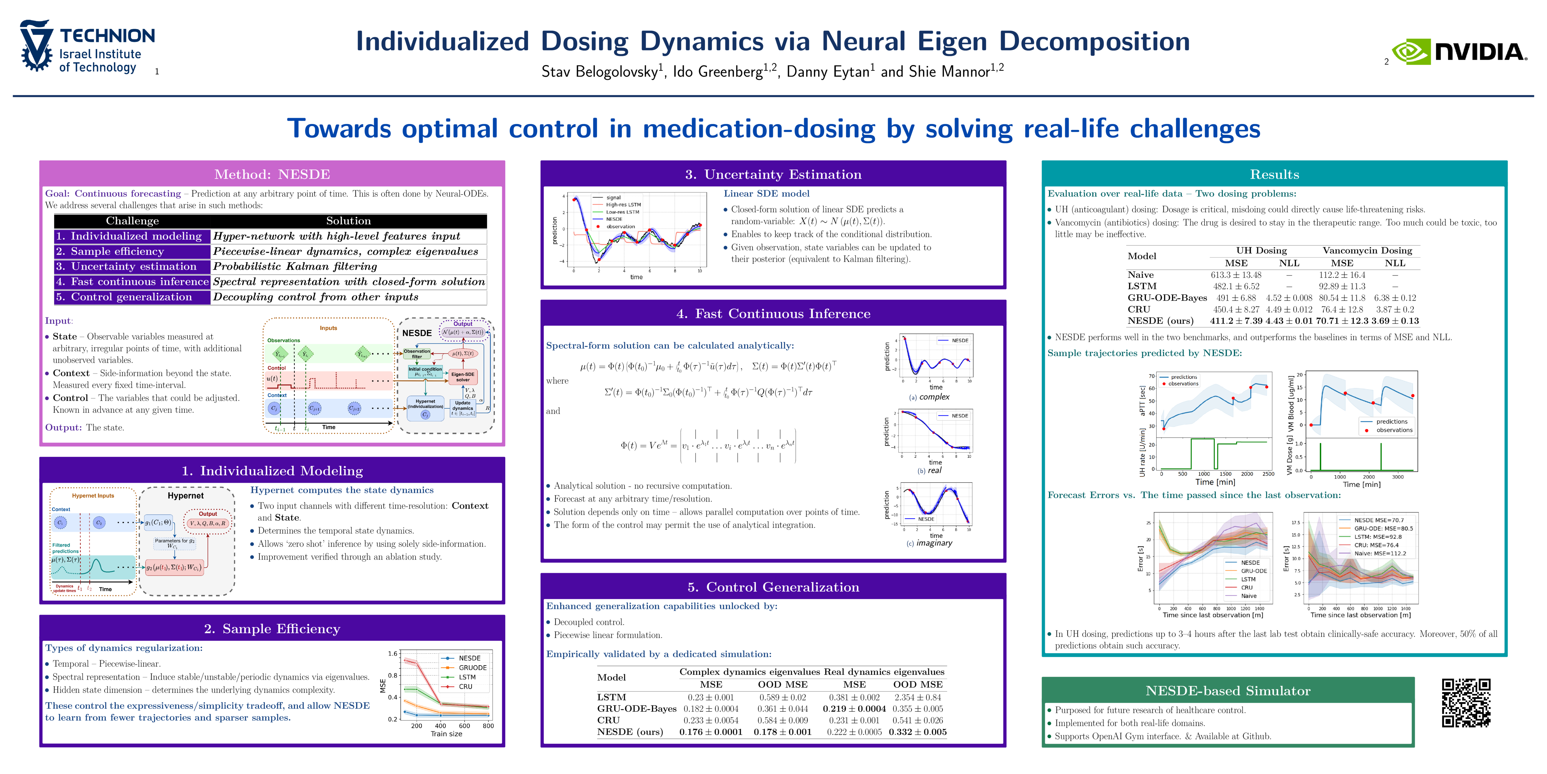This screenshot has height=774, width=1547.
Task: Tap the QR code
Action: point(1466,703)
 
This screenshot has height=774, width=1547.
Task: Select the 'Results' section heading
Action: point(1274,174)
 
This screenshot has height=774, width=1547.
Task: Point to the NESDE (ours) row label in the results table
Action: point(1160,321)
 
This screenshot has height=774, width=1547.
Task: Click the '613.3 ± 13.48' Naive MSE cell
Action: point(1236,275)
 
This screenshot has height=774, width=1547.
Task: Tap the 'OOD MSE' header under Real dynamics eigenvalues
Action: point(918,685)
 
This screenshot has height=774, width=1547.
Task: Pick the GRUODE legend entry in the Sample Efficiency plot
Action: point(472,668)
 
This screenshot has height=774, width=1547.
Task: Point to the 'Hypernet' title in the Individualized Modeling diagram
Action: point(186,496)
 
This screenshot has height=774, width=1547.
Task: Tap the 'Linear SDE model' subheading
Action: point(766,193)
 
